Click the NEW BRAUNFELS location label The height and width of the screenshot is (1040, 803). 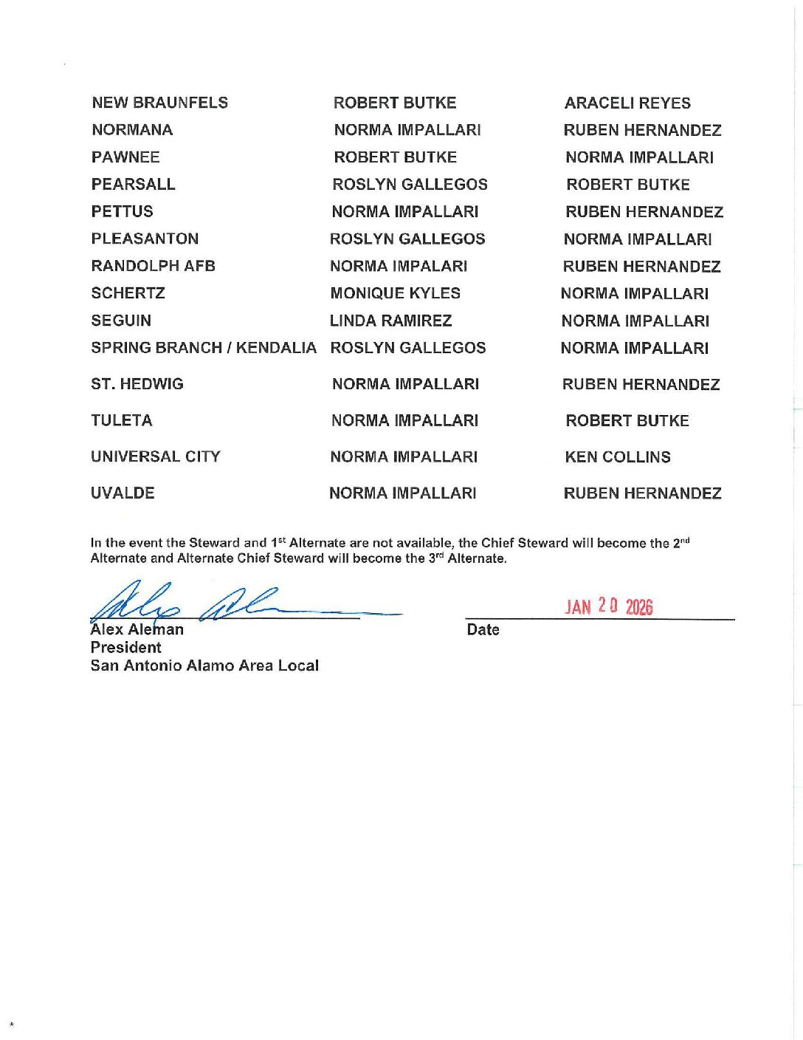click(159, 103)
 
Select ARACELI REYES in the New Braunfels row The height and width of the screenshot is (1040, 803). click(627, 103)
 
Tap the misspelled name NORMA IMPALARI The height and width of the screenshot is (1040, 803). click(399, 266)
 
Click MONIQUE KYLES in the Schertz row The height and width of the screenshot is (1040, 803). click(395, 293)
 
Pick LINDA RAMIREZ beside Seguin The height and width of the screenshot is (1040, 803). click(390, 321)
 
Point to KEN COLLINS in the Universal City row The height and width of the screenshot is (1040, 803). click(618, 456)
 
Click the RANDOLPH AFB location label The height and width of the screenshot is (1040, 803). click(153, 266)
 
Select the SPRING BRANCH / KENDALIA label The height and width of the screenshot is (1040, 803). click(203, 348)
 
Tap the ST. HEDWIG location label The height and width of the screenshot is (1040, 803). click(137, 384)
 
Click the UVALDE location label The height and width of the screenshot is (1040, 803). click(123, 493)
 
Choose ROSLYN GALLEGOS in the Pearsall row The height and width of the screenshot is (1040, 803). click(410, 185)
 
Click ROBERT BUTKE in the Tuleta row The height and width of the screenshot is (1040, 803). click(627, 420)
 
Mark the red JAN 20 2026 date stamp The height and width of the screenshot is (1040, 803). click(609, 606)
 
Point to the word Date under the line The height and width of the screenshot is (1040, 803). click(483, 629)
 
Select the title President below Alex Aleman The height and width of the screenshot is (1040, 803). click(125, 647)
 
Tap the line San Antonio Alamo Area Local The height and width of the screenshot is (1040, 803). click(204, 666)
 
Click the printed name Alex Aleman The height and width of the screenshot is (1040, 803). click(137, 629)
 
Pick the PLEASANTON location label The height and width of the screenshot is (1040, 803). click(145, 239)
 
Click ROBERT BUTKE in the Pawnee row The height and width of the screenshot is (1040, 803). click(395, 157)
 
